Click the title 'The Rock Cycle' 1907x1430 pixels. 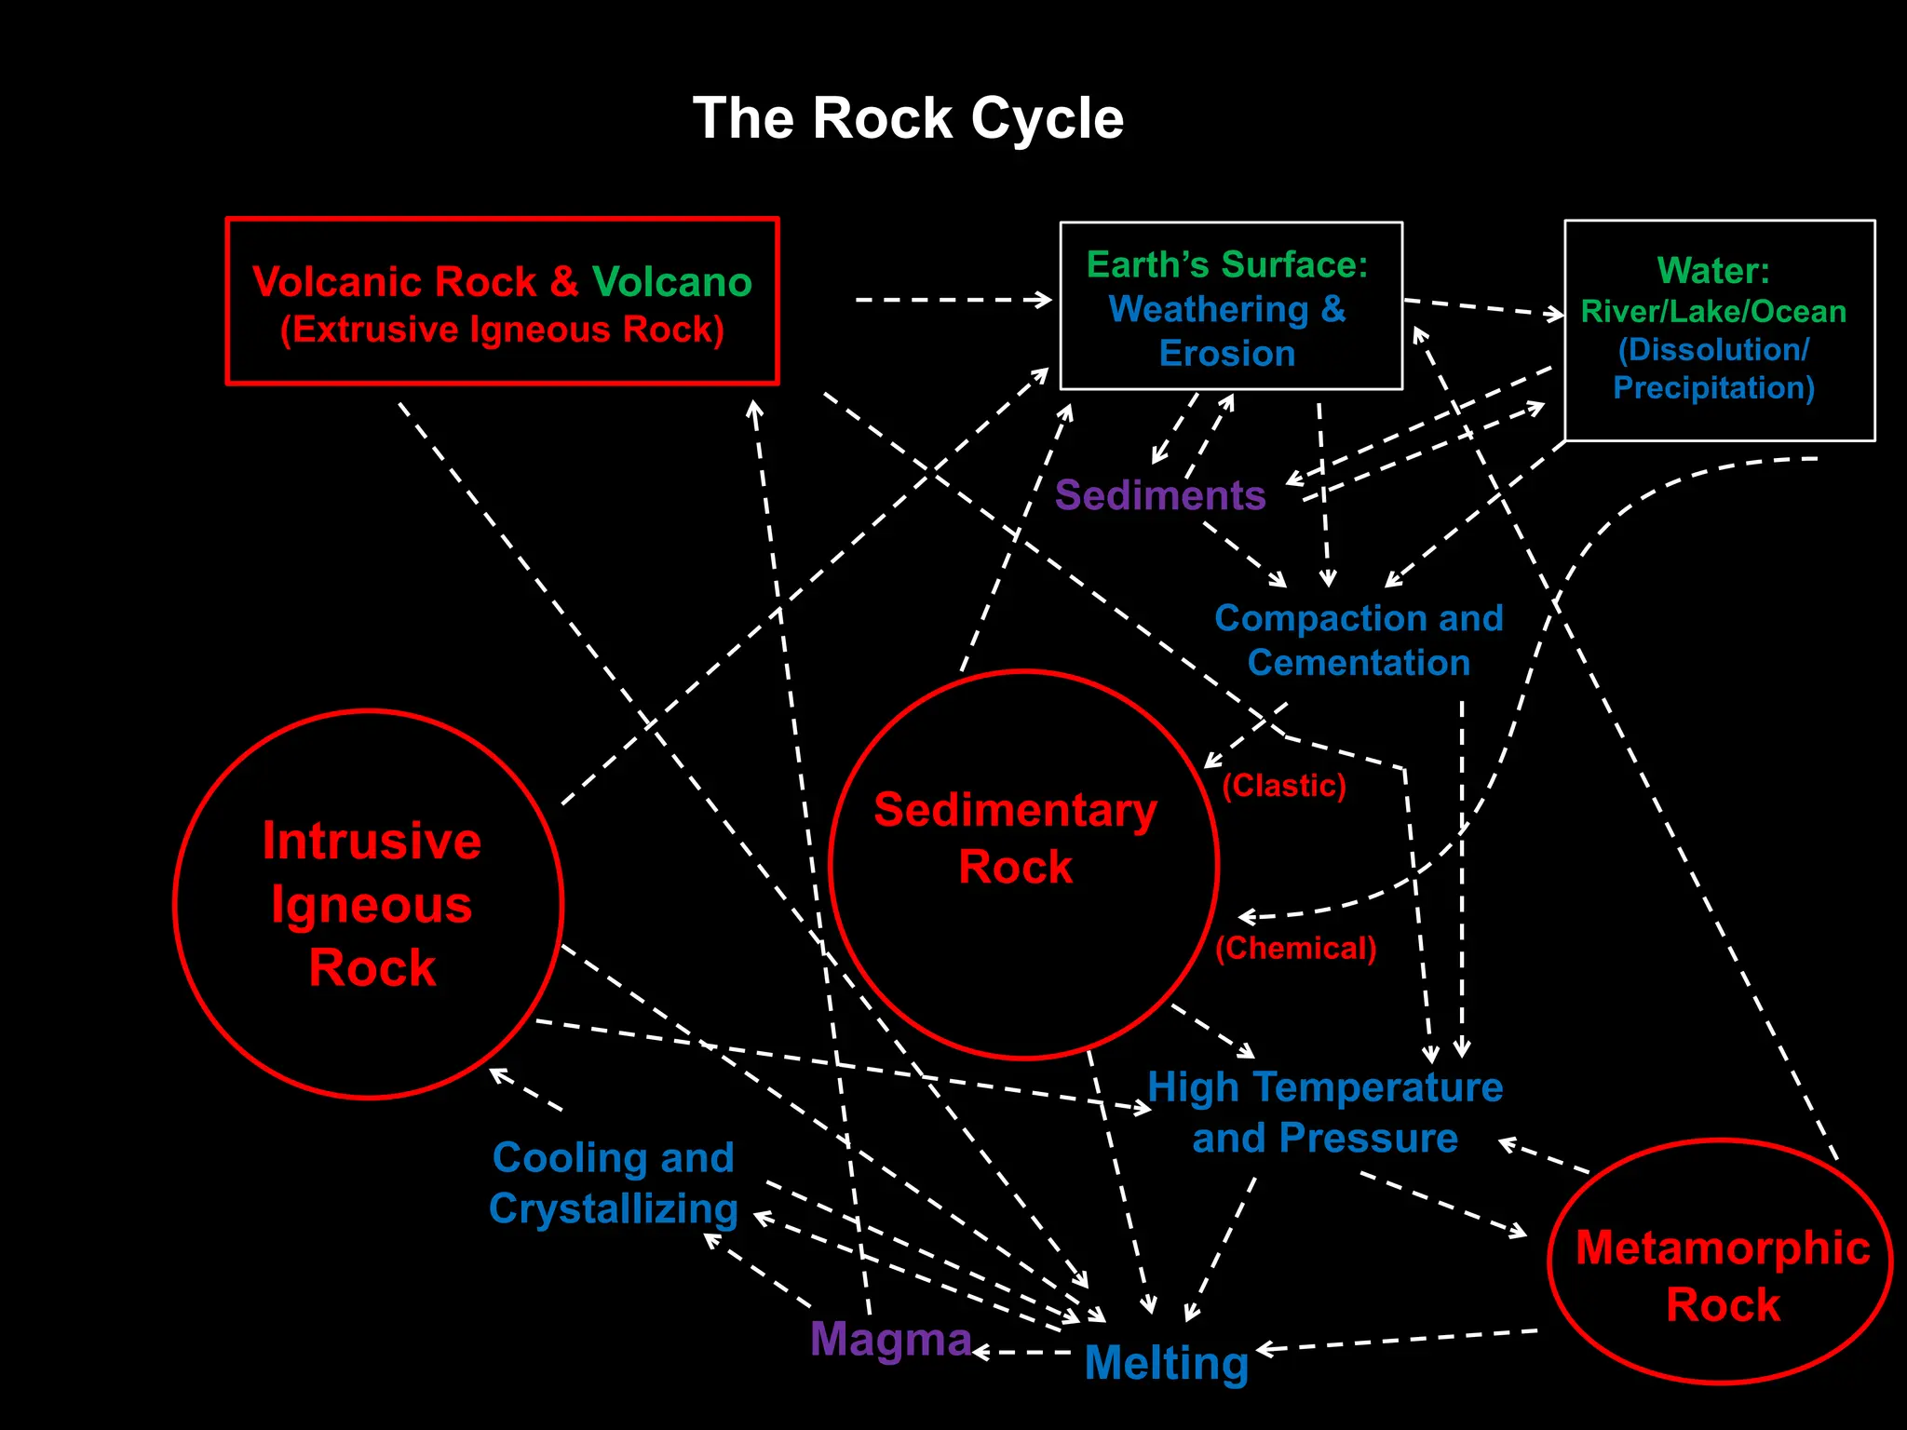pos(908,118)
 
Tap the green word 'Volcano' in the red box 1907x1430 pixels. pos(672,281)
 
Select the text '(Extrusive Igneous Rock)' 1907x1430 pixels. pos(502,330)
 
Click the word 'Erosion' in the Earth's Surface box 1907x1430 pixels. pos(1227,354)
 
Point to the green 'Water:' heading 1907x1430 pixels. pos(1713,271)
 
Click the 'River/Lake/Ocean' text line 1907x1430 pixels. pos(1713,311)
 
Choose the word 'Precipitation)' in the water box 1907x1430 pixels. pos(1713,387)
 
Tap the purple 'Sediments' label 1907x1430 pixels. pos(1160,495)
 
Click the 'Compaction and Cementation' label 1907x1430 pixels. pos(1359,641)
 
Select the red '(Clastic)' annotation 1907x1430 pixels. pos(1284,785)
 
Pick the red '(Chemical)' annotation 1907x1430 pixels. pos(1295,948)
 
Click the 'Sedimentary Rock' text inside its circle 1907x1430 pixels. pos(1015,838)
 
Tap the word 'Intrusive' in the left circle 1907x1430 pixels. pos(372,841)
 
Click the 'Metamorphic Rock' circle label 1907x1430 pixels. pos(1723,1275)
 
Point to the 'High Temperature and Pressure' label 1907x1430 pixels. pos(1325,1113)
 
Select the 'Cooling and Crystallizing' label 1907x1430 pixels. pos(614,1183)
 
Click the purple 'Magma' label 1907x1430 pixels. pos(890,1339)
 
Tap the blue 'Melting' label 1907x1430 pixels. pos(1166,1363)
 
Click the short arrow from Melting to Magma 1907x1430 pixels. pos(1024,1352)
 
